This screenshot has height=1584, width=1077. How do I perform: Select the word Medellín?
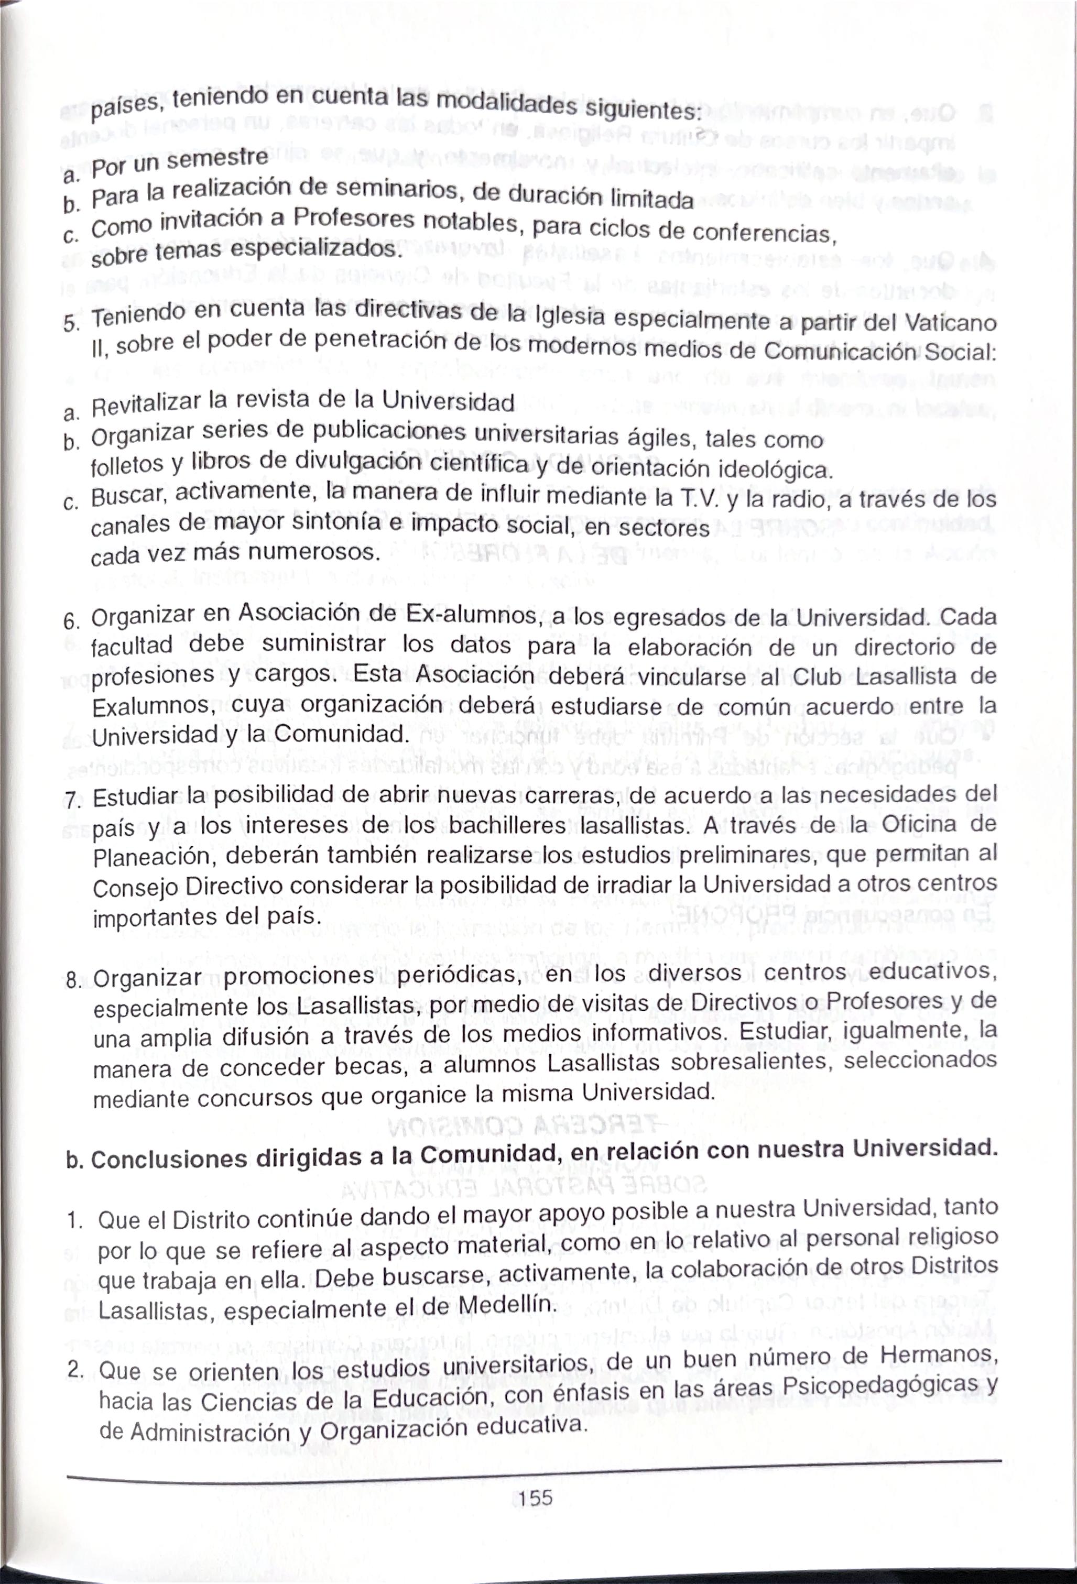pyautogui.click(x=507, y=1305)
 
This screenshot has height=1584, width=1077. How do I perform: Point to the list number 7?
pyautogui.click(x=73, y=800)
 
